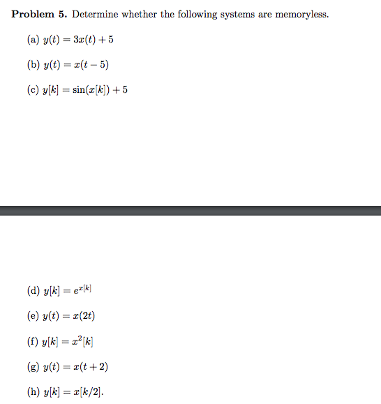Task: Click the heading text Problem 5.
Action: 39,15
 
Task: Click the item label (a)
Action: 33,40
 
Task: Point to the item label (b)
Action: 33,65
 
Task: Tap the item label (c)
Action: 33,90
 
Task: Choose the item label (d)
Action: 33,291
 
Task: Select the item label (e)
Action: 33,316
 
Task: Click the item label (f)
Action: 32,341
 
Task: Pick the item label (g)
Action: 33,366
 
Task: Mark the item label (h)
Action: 33,391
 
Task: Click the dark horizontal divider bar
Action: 190,211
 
